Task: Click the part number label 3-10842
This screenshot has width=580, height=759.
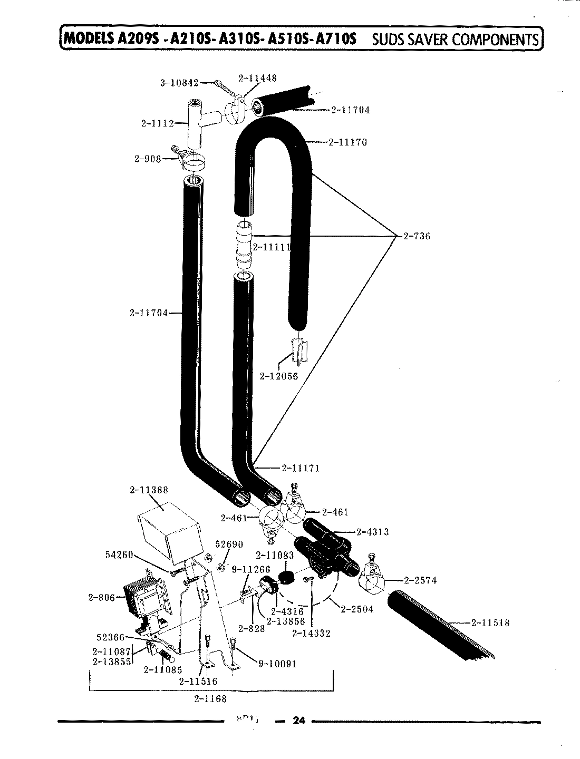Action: click(x=179, y=83)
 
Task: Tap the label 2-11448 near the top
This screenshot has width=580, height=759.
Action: click(x=257, y=78)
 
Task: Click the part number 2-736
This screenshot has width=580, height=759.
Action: click(x=417, y=236)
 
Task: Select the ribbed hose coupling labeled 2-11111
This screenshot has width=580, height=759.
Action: click(x=244, y=246)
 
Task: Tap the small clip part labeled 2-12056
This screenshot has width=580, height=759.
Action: click(x=298, y=350)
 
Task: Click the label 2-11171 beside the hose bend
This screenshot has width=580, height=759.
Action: click(x=301, y=468)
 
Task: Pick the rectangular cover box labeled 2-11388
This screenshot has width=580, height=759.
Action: click(x=168, y=530)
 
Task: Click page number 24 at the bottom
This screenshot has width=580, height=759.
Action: click(x=298, y=721)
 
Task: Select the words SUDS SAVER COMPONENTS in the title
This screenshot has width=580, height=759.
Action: click(x=456, y=39)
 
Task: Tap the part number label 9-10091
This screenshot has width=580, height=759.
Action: click(x=277, y=664)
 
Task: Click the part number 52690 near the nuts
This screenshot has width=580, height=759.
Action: click(x=230, y=544)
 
